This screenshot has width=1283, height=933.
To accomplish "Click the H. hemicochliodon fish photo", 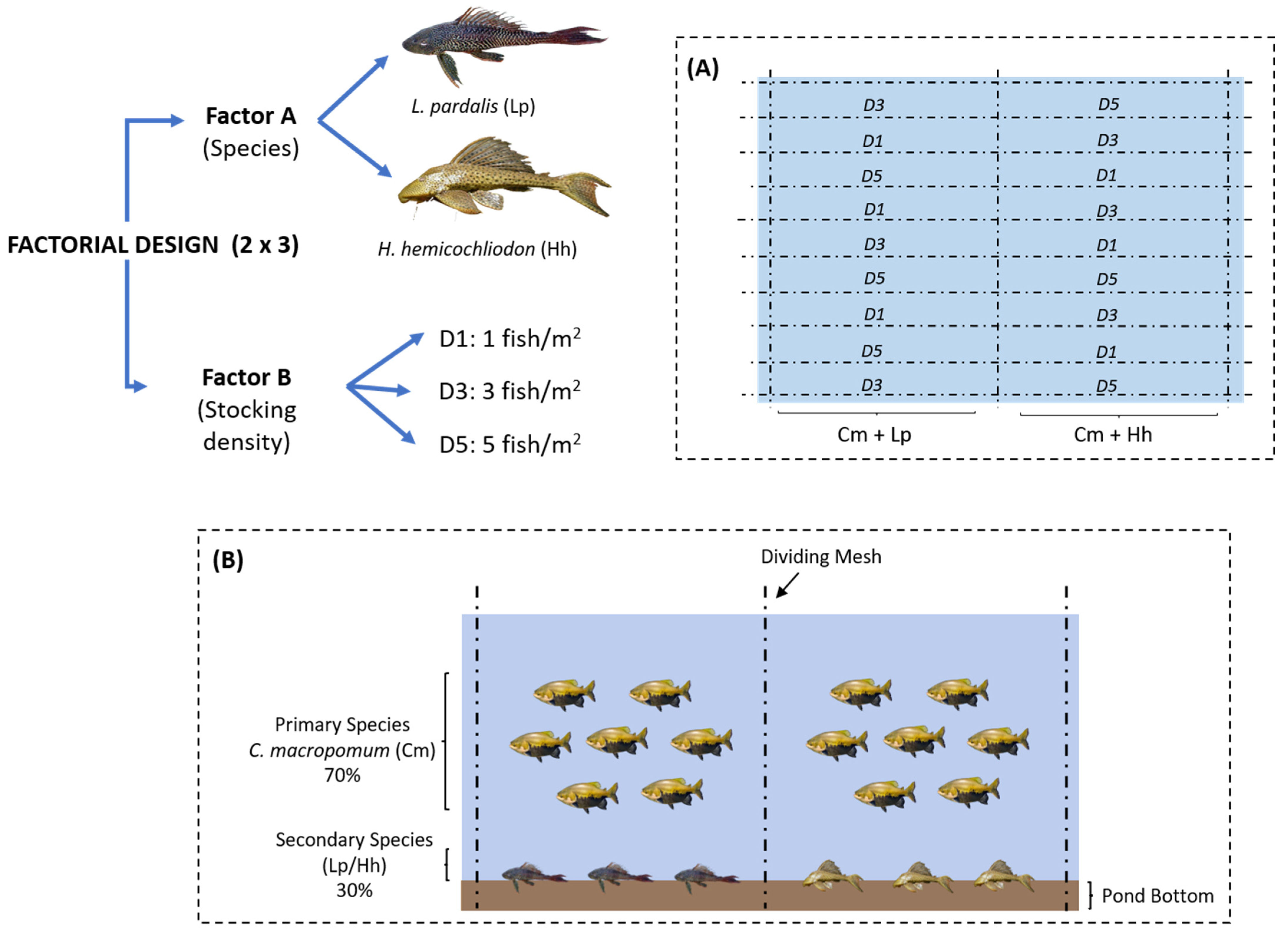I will (x=503, y=178).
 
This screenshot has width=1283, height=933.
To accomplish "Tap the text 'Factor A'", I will (x=251, y=116).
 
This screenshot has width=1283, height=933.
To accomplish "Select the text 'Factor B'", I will (x=247, y=377).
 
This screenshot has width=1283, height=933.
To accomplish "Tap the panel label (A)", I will (x=702, y=68).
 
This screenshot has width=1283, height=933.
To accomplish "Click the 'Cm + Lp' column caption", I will (x=874, y=435).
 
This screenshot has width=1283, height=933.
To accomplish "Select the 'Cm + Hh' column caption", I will (x=1112, y=435).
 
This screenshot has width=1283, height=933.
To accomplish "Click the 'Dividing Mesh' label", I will (x=821, y=557).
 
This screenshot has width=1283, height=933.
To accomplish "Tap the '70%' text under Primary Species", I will (x=342, y=775).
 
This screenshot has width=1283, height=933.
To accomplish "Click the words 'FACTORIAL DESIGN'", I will (x=113, y=245).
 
